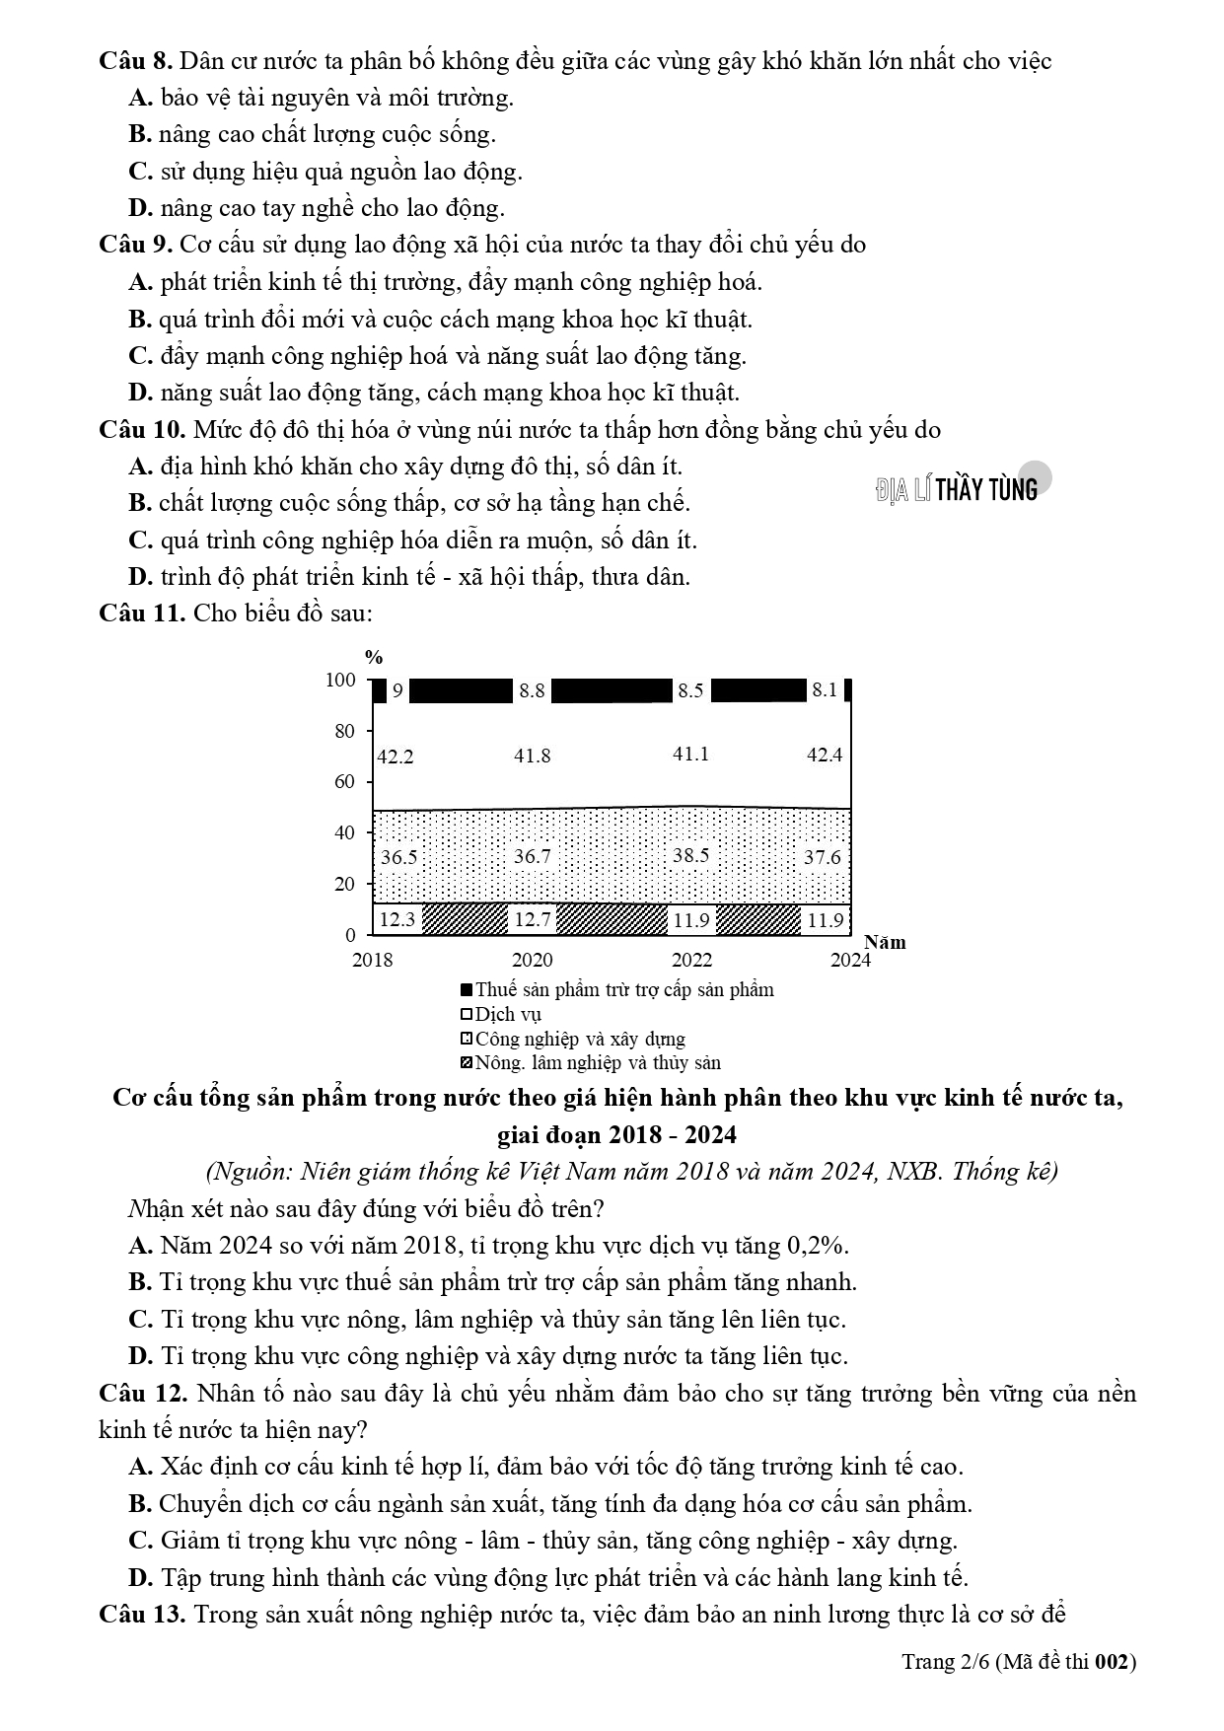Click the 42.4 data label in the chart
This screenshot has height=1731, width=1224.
tap(825, 756)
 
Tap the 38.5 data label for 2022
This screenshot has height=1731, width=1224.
tap(690, 855)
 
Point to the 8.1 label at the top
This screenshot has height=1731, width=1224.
tap(825, 690)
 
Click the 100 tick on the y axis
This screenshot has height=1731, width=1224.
tap(341, 681)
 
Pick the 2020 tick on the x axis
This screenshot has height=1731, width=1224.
tap(532, 961)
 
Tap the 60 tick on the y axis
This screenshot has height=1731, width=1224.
tap(344, 782)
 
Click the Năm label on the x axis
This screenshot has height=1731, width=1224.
tap(885, 942)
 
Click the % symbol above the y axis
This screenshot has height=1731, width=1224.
tap(374, 658)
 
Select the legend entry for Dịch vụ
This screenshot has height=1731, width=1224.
tap(500, 1014)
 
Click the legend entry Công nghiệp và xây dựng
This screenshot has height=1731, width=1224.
tap(572, 1039)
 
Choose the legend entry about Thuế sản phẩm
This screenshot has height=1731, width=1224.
tap(616, 989)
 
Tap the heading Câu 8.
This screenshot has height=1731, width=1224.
tap(136, 61)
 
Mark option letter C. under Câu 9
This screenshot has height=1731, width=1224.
tap(141, 356)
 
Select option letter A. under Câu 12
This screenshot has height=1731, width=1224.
tap(141, 1467)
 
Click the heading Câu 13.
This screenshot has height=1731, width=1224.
tap(142, 1615)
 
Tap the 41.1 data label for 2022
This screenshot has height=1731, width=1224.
tap(690, 755)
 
